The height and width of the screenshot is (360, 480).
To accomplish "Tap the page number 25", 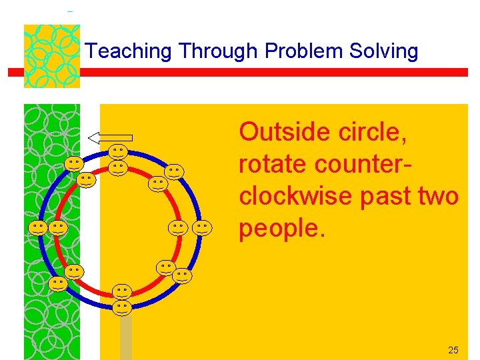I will (453, 350).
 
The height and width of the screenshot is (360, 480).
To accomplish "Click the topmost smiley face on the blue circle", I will (119, 153).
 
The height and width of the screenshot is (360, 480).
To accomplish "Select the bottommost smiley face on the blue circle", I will (121, 307).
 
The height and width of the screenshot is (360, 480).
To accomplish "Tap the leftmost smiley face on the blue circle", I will (38, 228).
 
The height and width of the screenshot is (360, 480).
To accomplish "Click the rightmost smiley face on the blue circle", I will (203, 228).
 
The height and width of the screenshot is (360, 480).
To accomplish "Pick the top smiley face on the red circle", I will (119, 167).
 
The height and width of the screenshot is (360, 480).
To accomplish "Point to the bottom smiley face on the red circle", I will (121, 291).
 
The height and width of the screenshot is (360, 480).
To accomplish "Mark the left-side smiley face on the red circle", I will (58, 228).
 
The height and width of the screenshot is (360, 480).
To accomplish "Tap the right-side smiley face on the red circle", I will (177, 228).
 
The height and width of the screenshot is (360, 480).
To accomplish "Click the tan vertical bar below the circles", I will (125, 337).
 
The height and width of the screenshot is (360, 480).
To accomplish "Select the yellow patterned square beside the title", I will (51, 56).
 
